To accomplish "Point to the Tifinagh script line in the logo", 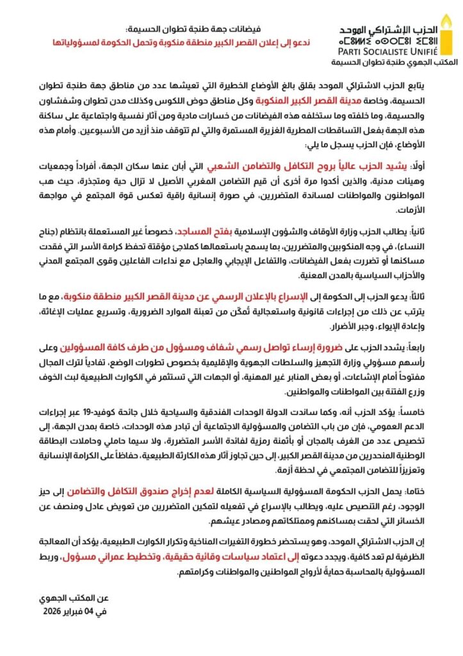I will coord(387,42).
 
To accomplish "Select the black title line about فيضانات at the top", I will coord(199,29).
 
